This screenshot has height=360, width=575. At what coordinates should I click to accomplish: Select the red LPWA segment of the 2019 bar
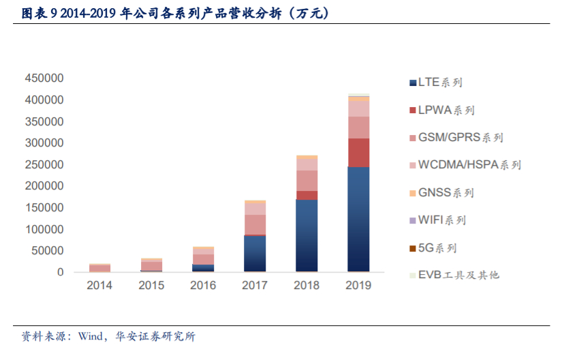pyautogui.click(x=358, y=153)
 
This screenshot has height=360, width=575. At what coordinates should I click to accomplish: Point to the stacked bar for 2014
pyautogui.click(x=99, y=268)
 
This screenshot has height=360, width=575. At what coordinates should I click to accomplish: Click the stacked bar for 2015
pyautogui.click(x=151, y=265)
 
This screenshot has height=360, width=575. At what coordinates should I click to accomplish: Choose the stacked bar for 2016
pyautogui.click(x=203, y=260)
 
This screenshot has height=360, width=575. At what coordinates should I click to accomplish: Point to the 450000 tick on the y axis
pyautogui.click(x=44, y=78)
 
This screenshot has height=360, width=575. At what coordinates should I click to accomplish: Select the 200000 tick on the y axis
pyautogui.click(x=44, y=186)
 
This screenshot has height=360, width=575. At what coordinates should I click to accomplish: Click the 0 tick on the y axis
pyautogui.click(x=60, y=273)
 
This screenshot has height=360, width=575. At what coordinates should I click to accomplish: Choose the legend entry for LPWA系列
pyautogui.click(x=446, y=110)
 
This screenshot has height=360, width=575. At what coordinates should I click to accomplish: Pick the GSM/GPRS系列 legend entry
pyautogui.click(x=460, y=138)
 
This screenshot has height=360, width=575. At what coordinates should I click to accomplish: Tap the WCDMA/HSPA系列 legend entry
pyautogui.click(x=469, y=165)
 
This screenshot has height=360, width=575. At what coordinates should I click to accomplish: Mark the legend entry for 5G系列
pyautogui.click(x=437, y=247)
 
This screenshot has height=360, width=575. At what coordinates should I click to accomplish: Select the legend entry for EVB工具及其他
pyautogui.click(x=458, y=275)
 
